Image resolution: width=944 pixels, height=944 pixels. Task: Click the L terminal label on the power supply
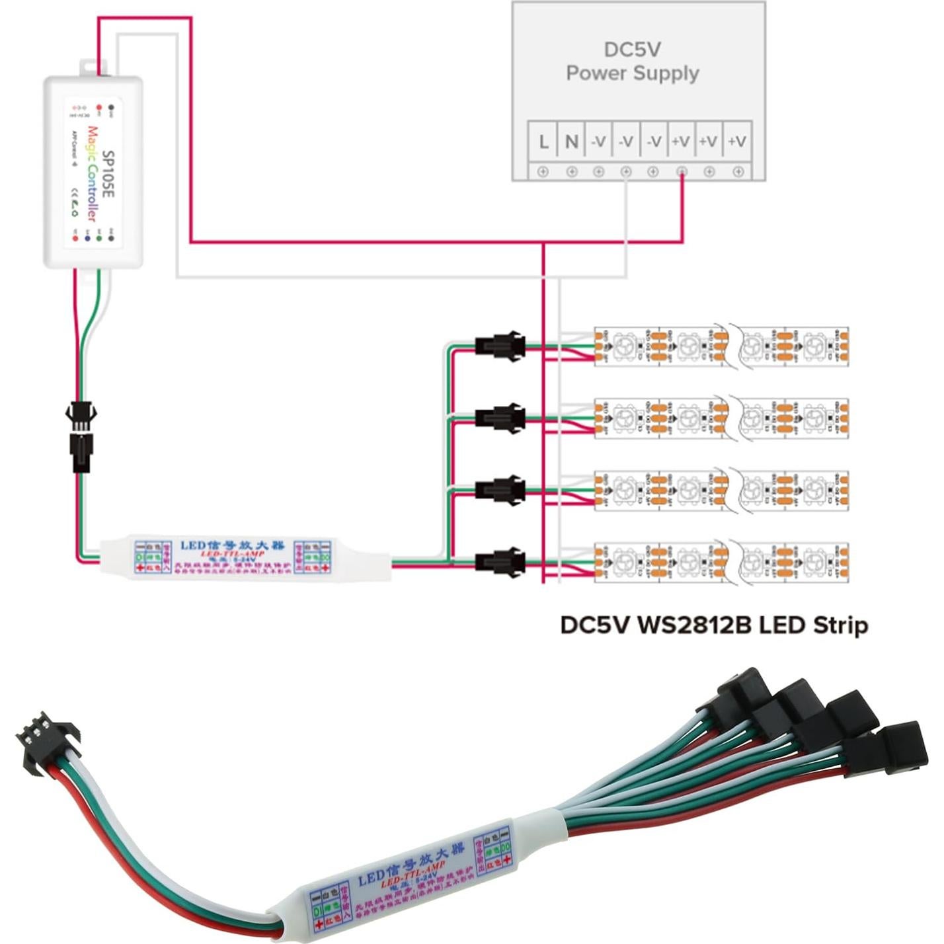click(x=543, y=141)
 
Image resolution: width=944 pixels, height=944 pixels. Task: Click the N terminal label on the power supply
click(x=572, y=141)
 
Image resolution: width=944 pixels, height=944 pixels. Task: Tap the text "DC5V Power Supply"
click(x=633, y=61)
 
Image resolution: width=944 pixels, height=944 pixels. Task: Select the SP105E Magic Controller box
click(x=93, y=172)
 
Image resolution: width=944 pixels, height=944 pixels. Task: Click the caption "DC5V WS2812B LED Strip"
click(x=714, y=625)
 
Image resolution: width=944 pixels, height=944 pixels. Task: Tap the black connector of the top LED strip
click(x=500, y=346)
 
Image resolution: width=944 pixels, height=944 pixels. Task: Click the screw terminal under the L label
click(x=543, y=172)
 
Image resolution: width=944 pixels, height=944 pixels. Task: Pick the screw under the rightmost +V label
click(x=738, y=172)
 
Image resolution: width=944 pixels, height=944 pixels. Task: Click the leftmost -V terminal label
click(x=598, y=141)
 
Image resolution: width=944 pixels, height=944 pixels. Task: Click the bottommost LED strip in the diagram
click(x=721, y=562)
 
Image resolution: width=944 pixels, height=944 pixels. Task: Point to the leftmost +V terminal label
click(x=681, y=141)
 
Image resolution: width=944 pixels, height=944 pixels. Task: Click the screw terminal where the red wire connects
click(x=682, y=172)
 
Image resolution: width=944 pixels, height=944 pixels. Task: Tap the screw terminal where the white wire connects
click(x=626, y=172)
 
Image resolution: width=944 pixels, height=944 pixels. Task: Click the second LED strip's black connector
click(x=500, y=418)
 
